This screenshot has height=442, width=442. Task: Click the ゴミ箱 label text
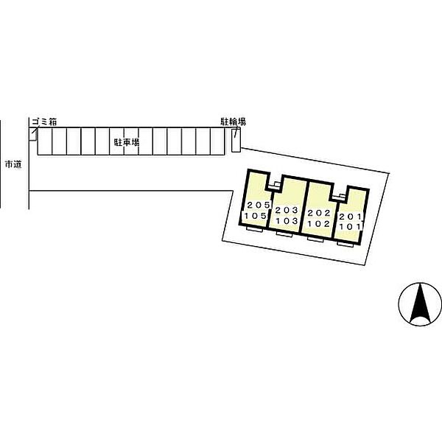click(44, 122)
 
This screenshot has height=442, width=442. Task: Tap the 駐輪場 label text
click(233, 122)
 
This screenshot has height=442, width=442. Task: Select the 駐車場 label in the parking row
click(127, 142)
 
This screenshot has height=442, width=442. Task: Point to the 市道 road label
click(13, 164)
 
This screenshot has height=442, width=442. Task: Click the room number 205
click(259, 205)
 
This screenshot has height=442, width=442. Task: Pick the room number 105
click(256, 216)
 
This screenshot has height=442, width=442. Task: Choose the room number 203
click(287, 210)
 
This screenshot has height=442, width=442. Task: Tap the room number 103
click(287, 221)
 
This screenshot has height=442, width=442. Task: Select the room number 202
click(319, 213)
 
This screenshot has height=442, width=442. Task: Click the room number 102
click(319, 224)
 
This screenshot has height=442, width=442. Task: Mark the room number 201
click(351, 217)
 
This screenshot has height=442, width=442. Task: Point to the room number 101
click(351, 226)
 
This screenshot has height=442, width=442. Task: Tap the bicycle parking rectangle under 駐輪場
click(236, 140)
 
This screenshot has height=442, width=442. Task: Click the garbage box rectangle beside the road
click(33, 134)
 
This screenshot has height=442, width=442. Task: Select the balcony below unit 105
click(255, 229)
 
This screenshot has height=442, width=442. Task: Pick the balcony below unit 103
click(284, 234)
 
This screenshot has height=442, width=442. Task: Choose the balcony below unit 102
click(315, 239)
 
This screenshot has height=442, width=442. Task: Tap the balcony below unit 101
click(345, 244)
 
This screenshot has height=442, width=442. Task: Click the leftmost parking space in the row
click(45, 141)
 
